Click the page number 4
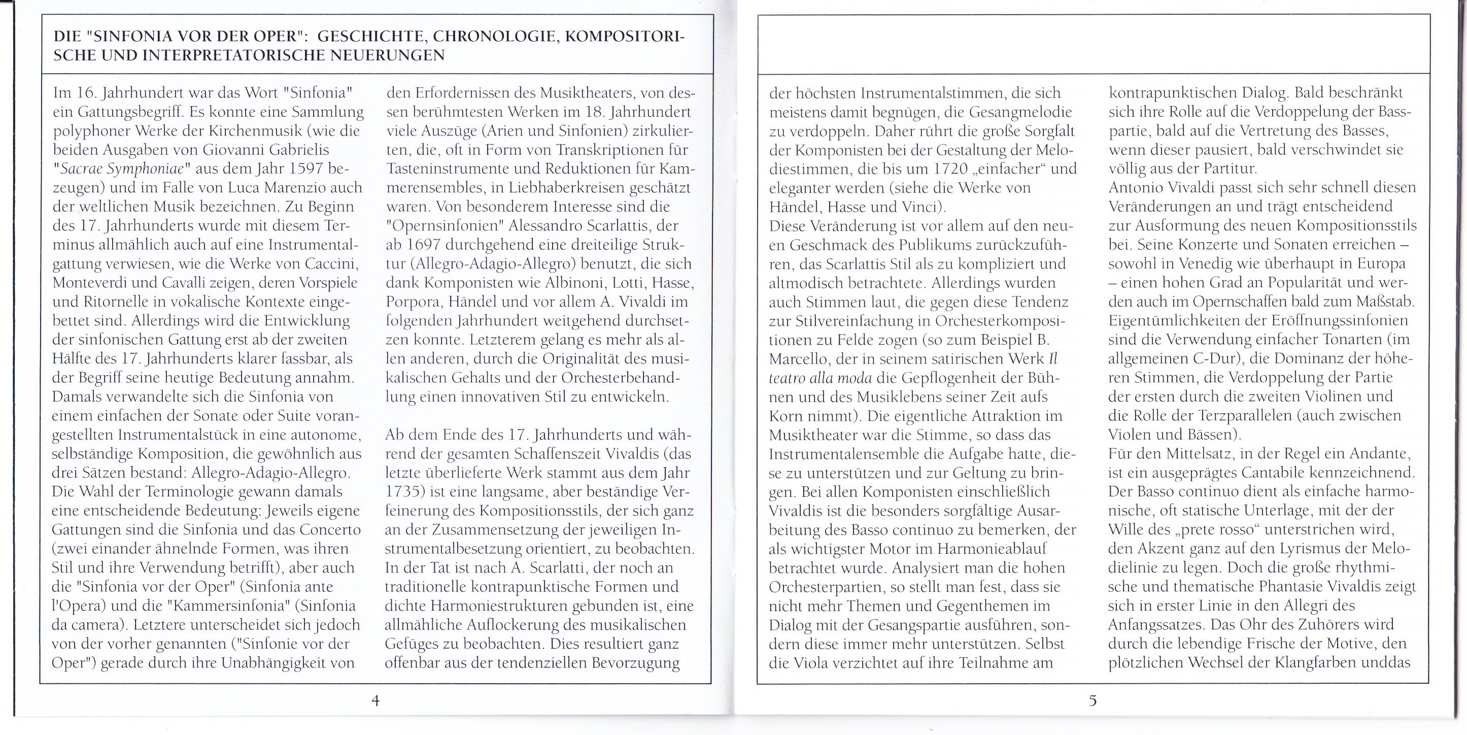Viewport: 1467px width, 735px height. click(376, 700)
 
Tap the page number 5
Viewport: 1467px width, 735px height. click(1093, 700)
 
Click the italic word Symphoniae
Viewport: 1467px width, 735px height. click(137, 170)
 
